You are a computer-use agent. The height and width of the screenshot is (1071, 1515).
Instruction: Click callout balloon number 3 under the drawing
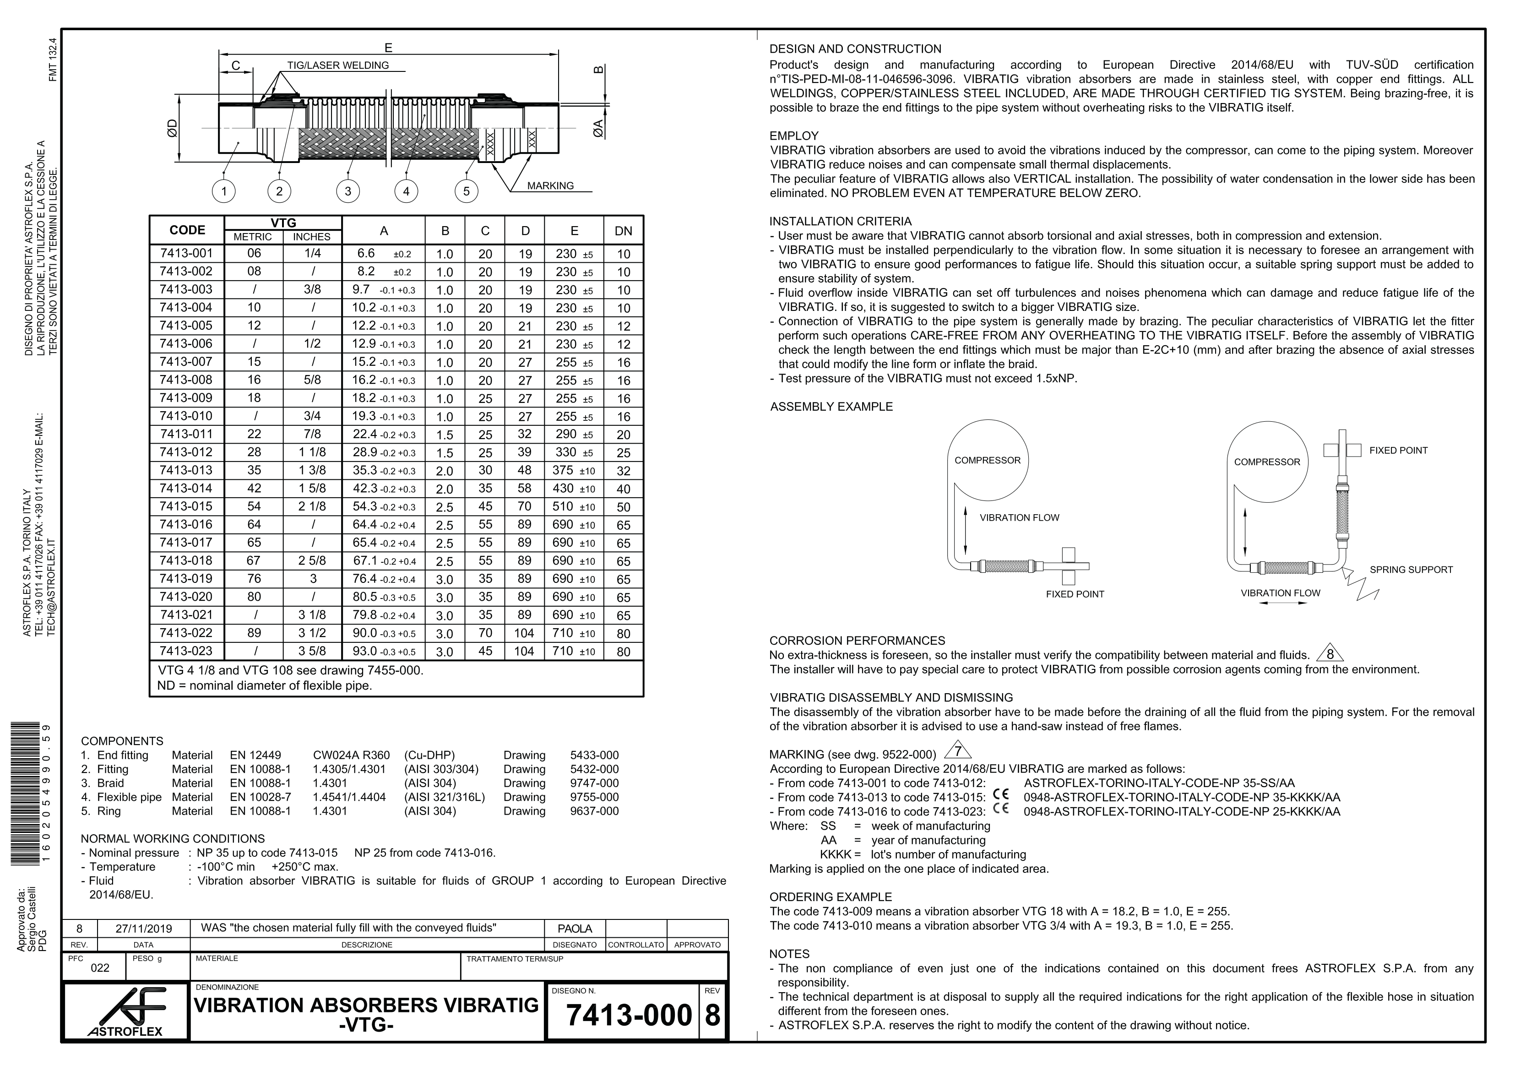click(348, 191)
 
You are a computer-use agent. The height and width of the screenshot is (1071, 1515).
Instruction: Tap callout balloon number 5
click(466, 191)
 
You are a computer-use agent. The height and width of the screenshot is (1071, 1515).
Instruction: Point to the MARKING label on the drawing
click(550, 186)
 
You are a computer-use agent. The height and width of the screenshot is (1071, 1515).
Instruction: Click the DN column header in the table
click(623, 231)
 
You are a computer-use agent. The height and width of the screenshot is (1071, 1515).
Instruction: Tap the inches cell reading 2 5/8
click(312, 561)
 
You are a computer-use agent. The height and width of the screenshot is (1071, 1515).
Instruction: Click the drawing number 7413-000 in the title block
click(629, 1015)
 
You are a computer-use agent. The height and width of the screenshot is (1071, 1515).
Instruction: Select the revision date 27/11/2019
click(143, 929)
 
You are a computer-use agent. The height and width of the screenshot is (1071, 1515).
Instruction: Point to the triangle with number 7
click(958, 751)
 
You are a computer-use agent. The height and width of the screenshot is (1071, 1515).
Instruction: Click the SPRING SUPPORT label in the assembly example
click(1411, 570)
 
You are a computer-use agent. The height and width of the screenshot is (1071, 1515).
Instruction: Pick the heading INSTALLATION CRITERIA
click(840, 222)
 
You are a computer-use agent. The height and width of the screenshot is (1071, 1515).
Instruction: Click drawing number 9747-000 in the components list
click(594, 783)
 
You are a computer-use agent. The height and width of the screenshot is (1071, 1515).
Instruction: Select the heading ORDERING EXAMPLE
click(830, 897)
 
